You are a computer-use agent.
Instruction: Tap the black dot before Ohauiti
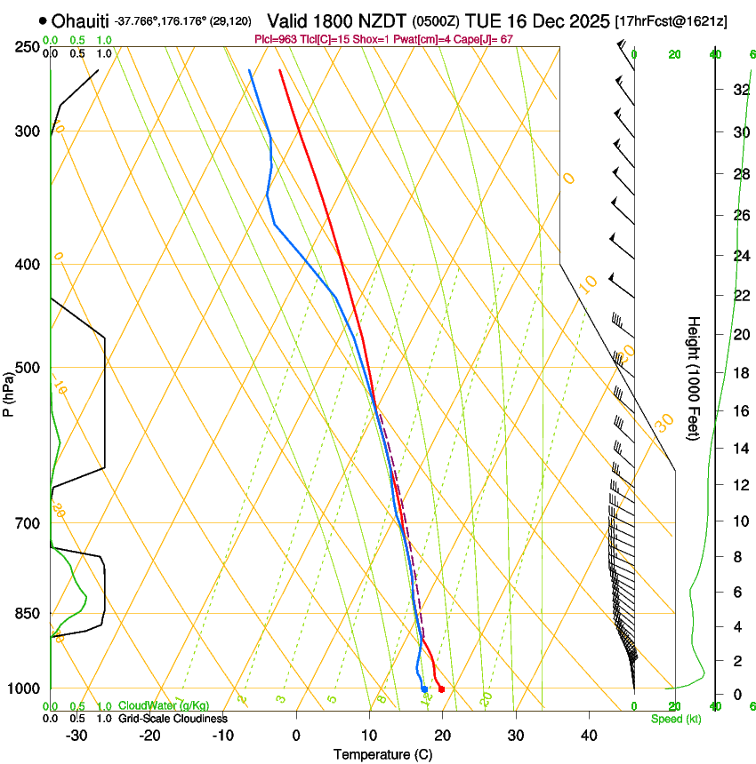[43, 20]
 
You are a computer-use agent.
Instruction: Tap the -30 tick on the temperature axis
[76, 736]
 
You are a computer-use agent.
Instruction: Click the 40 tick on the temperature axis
[589, 736]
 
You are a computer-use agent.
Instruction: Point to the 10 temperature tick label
[369, 736]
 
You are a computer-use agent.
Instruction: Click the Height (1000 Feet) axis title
[694, 378]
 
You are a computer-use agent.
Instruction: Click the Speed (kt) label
[675, 719]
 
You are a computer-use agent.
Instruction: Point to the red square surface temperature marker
[441, 689]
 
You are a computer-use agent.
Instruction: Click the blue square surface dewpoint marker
[424, 689]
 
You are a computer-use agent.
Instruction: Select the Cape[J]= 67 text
[484, 39]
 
